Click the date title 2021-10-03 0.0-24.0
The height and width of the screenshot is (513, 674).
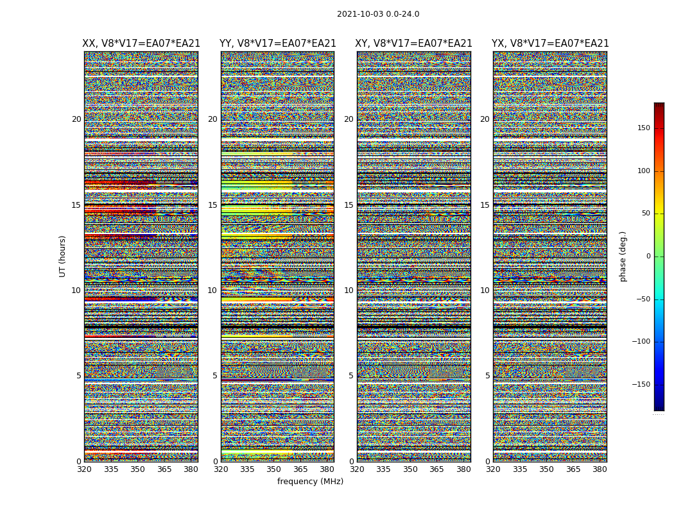pyautogui.click(x=378, y=14)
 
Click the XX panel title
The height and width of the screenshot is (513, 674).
pyautogui.click(x=141, y=44)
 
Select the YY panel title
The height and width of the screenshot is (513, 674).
pyautogui.click(x=277, y=44)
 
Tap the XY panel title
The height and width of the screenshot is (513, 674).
pyautogui.click(x=414, y=44)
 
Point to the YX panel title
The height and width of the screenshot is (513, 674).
pyautogui.click(x=550, y=44)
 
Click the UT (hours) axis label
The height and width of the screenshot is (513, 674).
pyautogui.click(x=63, y=256)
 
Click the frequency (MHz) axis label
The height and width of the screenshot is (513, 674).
pyautogui.click(x=310, y=482)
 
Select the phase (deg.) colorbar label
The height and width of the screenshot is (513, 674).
pyautogui.click(x=623, y=256)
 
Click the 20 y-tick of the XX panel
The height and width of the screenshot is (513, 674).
pyautogui.click(x=76, y=119)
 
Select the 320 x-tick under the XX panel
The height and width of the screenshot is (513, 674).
pyautogui.click(x=84, y=469)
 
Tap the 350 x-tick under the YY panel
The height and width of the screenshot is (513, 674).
pyautogui.click(x=274, y=469)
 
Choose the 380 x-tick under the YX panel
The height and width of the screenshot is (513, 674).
pyautogui.click(x=600, y=469)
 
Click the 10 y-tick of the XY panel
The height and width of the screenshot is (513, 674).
pyautogui.click(x=349, y=290)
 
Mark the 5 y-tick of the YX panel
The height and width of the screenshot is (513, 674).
pyautogui.click(x=487, y=376)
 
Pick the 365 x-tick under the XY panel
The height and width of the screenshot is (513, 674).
pyautogui.click(x=436, y=469)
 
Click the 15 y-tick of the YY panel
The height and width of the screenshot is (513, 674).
pyautogui.click(x=212, y=205)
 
